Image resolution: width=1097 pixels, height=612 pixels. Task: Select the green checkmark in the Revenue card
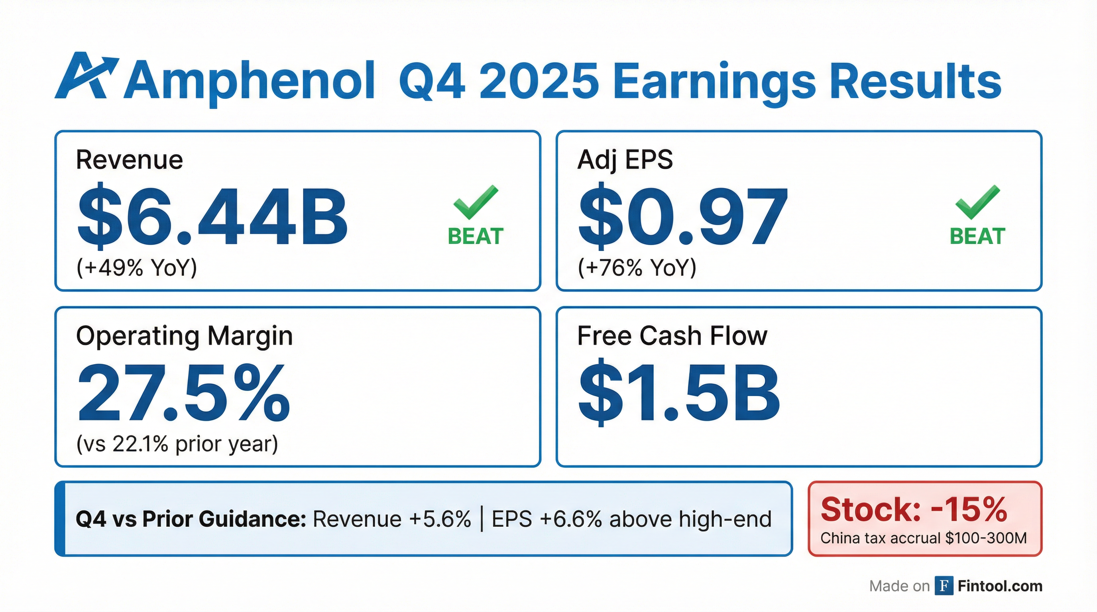coord(475,202)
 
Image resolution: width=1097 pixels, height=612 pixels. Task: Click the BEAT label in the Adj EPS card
coord(977,237)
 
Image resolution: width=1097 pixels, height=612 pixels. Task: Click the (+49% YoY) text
coord(137,268)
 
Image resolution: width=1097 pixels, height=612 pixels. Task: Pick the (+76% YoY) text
coord(637,268)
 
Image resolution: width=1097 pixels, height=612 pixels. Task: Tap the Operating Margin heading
coord(185,336)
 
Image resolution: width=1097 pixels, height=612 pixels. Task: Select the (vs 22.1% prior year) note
coord(177,444)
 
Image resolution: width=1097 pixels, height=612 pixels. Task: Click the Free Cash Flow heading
coord(672,336)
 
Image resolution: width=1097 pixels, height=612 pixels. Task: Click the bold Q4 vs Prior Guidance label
coord(191,519)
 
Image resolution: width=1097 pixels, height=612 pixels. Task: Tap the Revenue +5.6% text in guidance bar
coord(392,519)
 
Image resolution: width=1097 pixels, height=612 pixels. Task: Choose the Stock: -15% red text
coord(914,510)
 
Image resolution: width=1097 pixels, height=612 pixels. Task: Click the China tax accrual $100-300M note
coord(924,538)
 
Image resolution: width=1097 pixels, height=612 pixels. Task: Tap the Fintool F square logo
coord(944,586)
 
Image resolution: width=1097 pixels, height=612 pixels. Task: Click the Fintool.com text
coord(1000,586)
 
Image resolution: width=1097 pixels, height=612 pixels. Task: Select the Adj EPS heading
coord(625,160)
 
